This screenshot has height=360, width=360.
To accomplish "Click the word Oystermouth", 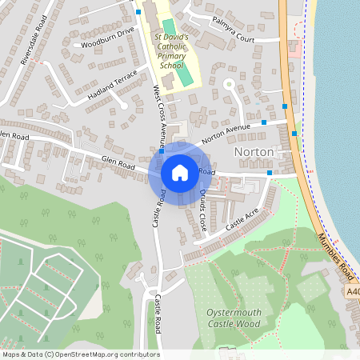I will click(x=234, y=313).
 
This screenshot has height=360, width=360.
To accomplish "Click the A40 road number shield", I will click(x=353, y=293).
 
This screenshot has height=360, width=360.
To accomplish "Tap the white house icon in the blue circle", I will click(x=180, y=172).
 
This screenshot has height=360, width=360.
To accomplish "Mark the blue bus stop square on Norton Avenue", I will click(x=264, y=122).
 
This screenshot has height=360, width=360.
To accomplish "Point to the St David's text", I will click(x=169, y=37).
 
